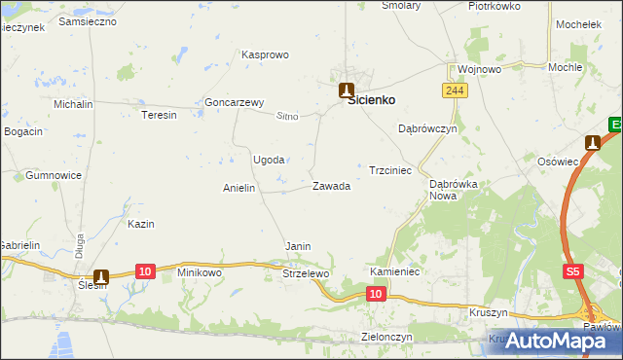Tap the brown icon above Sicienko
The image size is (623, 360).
tap(346, 90)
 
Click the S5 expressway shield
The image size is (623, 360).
tap(573, 275)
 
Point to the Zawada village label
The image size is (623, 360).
tap(331, 186)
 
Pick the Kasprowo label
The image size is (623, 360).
tap(265, 54)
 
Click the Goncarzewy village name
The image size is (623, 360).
tap(235, 102)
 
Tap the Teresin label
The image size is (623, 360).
tap(159, 115)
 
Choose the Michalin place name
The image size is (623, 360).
tap(73, 103)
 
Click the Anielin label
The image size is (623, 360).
tap(238, 188)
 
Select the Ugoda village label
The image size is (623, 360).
tap(269, 160)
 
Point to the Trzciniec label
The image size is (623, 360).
tap(390, 170)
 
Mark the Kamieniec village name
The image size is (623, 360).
tap(394, 271)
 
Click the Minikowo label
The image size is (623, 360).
tap(200, 273)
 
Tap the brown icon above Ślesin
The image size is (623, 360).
tap(101, 277)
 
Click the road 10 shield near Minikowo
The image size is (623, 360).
tap(144, 270)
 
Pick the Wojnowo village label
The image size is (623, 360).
tap(479, 70)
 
